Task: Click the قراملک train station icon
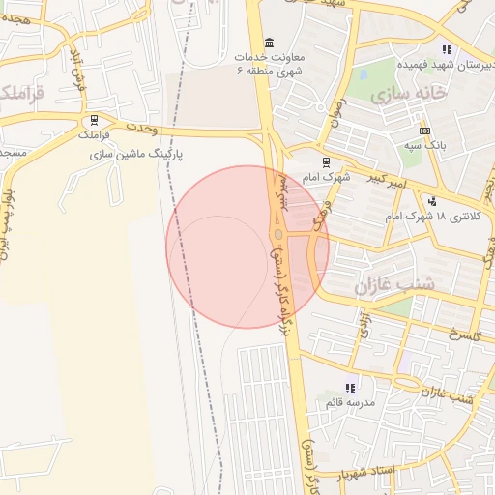click(94, 121)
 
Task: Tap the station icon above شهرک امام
click(324, 162)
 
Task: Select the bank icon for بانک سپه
click(424, 131)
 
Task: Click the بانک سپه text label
click(424, 147)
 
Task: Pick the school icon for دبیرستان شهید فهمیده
click(447, 49)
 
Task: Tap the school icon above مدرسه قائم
click(350, 387)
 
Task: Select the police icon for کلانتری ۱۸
click(432, 202)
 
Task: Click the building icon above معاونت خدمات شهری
click(268, 43)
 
